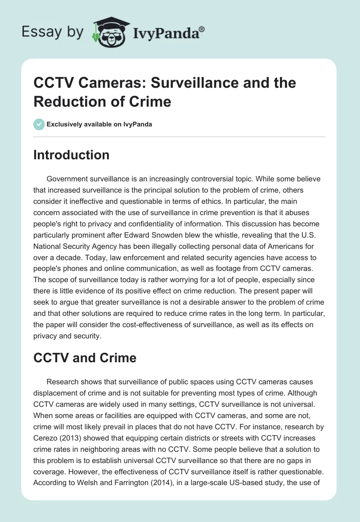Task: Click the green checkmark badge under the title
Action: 39,124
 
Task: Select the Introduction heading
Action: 71,155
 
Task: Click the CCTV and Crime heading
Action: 85,358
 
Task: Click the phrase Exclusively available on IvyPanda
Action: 99,124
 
